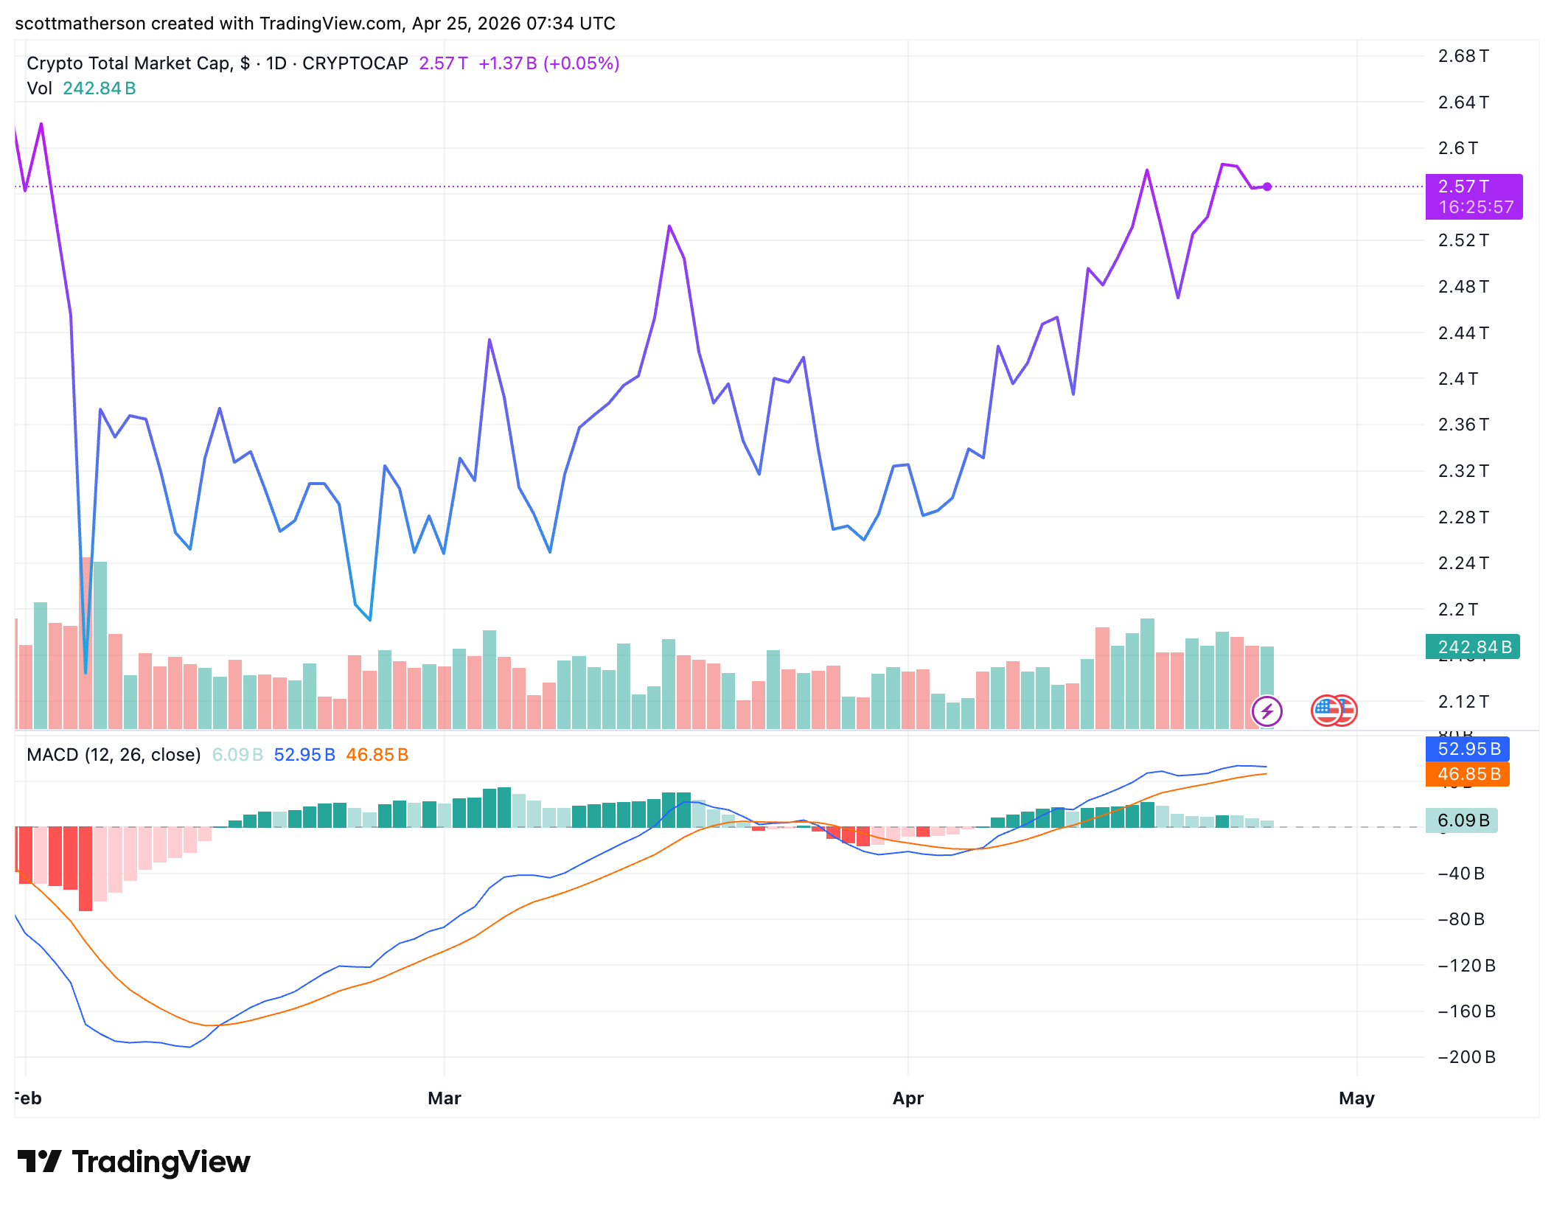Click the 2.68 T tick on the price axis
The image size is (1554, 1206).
tap(1463, 56)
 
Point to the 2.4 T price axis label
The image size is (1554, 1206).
tap(1457, 379)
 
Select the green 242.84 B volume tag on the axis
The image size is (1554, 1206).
tap(1472, 647)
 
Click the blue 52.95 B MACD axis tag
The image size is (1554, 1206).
tap(1468, 749)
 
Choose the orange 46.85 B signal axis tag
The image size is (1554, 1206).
tap(1468, 774)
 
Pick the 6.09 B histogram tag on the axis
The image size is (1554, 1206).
tap(1462, 820)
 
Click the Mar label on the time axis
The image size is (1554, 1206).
tap(445, 1098)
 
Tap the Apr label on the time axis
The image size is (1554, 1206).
tap(908, 1098)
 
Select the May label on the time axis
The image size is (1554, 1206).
tap(1356, 1098)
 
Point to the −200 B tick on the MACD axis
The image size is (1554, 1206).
tap(1466, 1057)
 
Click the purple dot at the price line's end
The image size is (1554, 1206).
tap(1267, 187)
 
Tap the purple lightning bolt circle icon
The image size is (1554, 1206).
tap(1267, 711)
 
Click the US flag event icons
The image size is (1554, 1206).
tap(1334, 711)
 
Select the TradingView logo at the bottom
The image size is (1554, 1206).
tap(134, 1162)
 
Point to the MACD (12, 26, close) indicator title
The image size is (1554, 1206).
tap(114, 755)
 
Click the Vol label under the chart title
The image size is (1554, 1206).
tap(39, 88)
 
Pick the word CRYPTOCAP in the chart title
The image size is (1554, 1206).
tap(355, 63)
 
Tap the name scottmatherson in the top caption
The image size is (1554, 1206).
tap(80, 24)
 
